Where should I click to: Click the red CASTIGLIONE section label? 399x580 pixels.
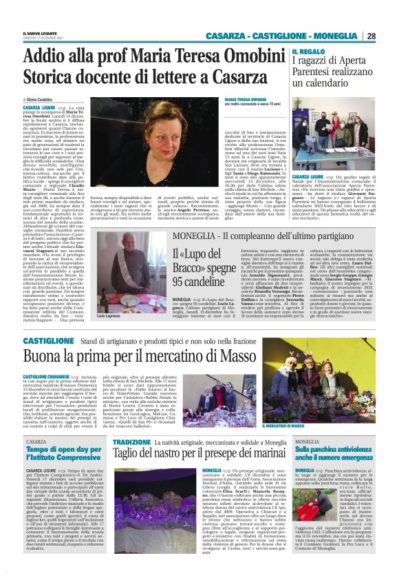click(49, 341)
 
